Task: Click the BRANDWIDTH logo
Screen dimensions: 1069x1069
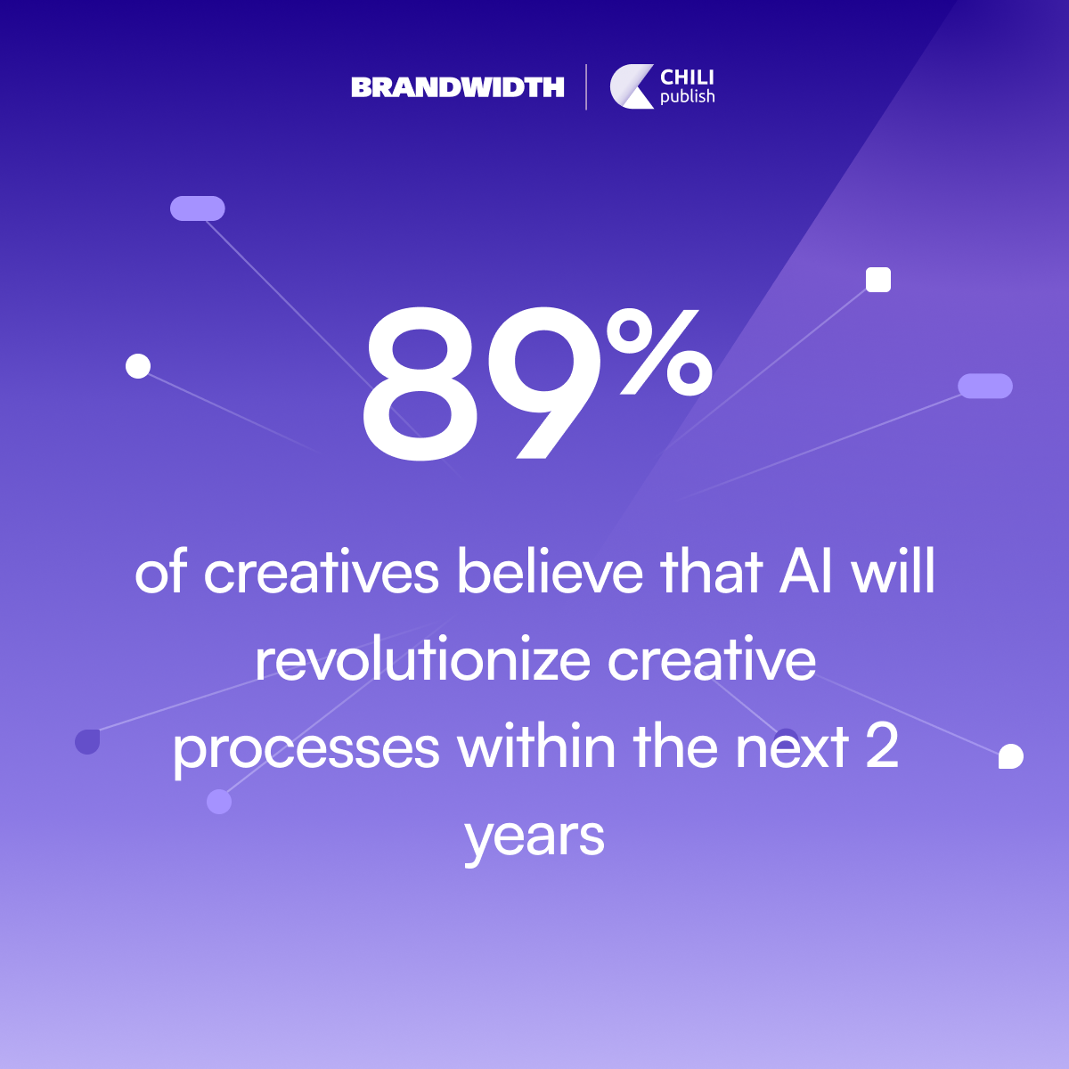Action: [x=458, y=87]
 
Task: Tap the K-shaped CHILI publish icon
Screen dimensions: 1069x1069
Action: [x=632, y=86]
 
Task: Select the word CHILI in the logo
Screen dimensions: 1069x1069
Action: [x=687, y=78]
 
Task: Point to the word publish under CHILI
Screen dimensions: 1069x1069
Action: [x=688, y=96]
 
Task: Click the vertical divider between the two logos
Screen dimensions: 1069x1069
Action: [x=586, y=87]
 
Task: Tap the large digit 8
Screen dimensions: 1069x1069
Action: [x=420, y=384]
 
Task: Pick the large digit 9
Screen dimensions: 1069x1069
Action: [x=545, y=384]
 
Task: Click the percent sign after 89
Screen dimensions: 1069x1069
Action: [x=659, y=353]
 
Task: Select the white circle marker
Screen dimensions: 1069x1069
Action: [x=138, y=366]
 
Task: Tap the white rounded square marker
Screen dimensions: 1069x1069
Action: [x=878, y=279]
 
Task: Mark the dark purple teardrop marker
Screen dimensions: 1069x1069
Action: [x=87, y=742]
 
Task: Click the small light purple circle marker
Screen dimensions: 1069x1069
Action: [x=219, y=802]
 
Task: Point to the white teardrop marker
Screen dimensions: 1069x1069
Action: [x=1011, y=756]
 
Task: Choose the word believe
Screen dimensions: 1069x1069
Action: [x=550, y=571]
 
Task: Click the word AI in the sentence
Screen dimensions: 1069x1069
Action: [x=806, y=571]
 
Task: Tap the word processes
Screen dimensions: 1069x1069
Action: [x=306, y=749]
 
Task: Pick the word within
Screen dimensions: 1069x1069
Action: [x=536, y=746]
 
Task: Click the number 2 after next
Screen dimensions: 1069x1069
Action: [x=882, y=747]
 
